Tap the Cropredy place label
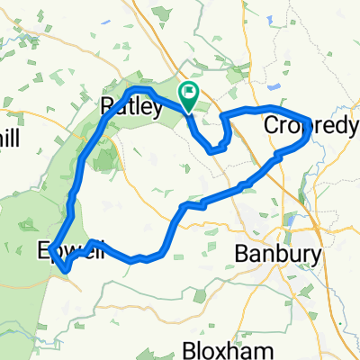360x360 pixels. (310, 128)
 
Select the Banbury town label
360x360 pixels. (278, 255)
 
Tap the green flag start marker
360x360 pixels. (190, 92)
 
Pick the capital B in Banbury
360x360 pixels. (241, 255)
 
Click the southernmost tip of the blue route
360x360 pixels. (65, 268)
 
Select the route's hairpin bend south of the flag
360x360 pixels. (212, 150)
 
